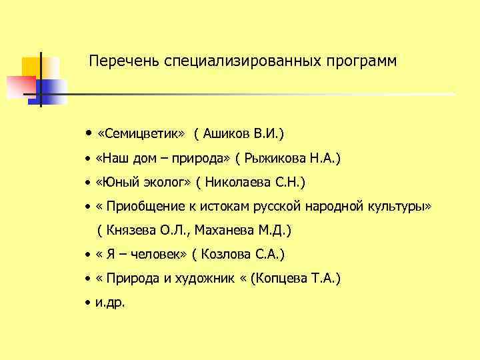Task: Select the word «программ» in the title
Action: point(361,61)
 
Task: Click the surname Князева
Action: point(131,231)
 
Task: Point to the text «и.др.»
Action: point(110,303)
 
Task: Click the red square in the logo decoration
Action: point(21,85)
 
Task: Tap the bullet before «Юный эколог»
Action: point(87,183)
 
